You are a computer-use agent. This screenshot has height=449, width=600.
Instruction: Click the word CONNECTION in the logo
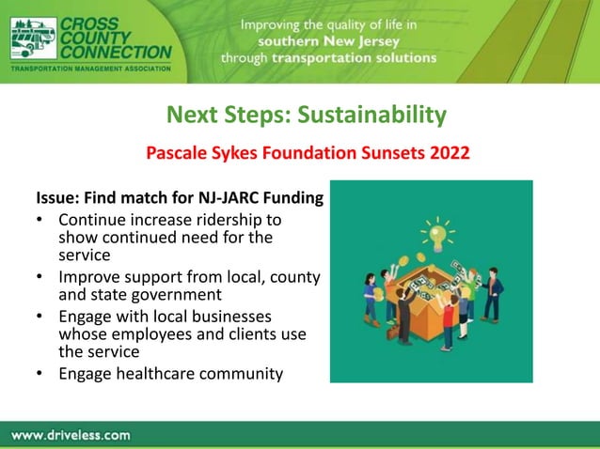[x=116, y=53]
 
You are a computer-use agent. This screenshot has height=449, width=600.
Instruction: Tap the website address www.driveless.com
[x=71, y=435]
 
